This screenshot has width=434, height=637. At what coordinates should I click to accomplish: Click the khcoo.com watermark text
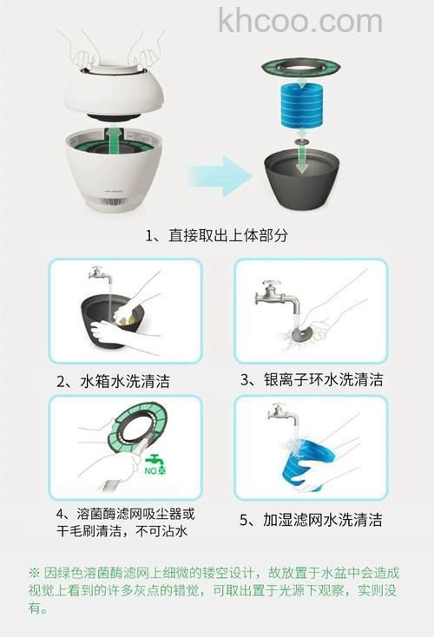299,20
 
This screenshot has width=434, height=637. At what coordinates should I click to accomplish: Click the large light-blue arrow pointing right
220,176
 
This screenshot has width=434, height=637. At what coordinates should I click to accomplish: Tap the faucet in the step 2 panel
101,277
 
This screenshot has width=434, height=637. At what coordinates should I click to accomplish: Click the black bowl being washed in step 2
122,321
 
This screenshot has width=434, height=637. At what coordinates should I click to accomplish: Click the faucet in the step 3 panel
277,300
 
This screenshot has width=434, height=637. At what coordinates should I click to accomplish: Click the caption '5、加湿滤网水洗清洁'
311,521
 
